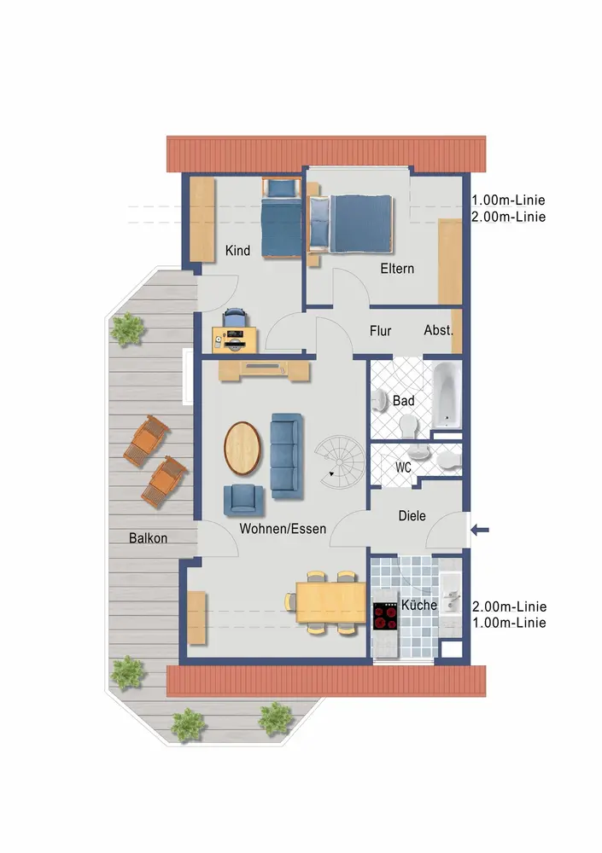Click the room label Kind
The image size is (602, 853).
point(237,251)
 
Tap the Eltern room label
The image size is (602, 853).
point(397,268)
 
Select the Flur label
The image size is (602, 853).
point(380,331)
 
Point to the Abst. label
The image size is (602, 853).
point(439,330)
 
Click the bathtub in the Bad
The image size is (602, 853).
point(447,395)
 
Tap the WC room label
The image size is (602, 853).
point(403,467)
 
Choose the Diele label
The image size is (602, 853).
point(412,516)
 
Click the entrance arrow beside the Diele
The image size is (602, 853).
point(480,530)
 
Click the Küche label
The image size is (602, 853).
point(419,605)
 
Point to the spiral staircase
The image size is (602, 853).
point(339,462)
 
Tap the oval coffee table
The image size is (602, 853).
point(243,449)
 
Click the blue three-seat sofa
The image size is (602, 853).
point(287,456)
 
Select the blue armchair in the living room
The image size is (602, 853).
point(243,500)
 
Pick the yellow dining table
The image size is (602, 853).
point(330,601)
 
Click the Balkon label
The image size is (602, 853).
point(149,538)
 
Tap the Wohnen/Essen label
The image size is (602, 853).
point(283,529)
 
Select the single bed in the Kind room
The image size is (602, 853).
point(281,218)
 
